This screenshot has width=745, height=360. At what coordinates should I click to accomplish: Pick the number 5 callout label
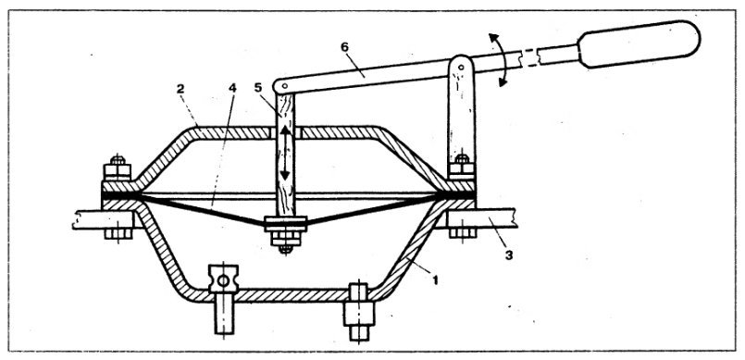point(259,92)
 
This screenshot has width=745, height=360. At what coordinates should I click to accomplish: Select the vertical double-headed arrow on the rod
point(285,150)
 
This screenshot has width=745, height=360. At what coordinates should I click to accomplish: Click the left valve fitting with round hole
point(223,279)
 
